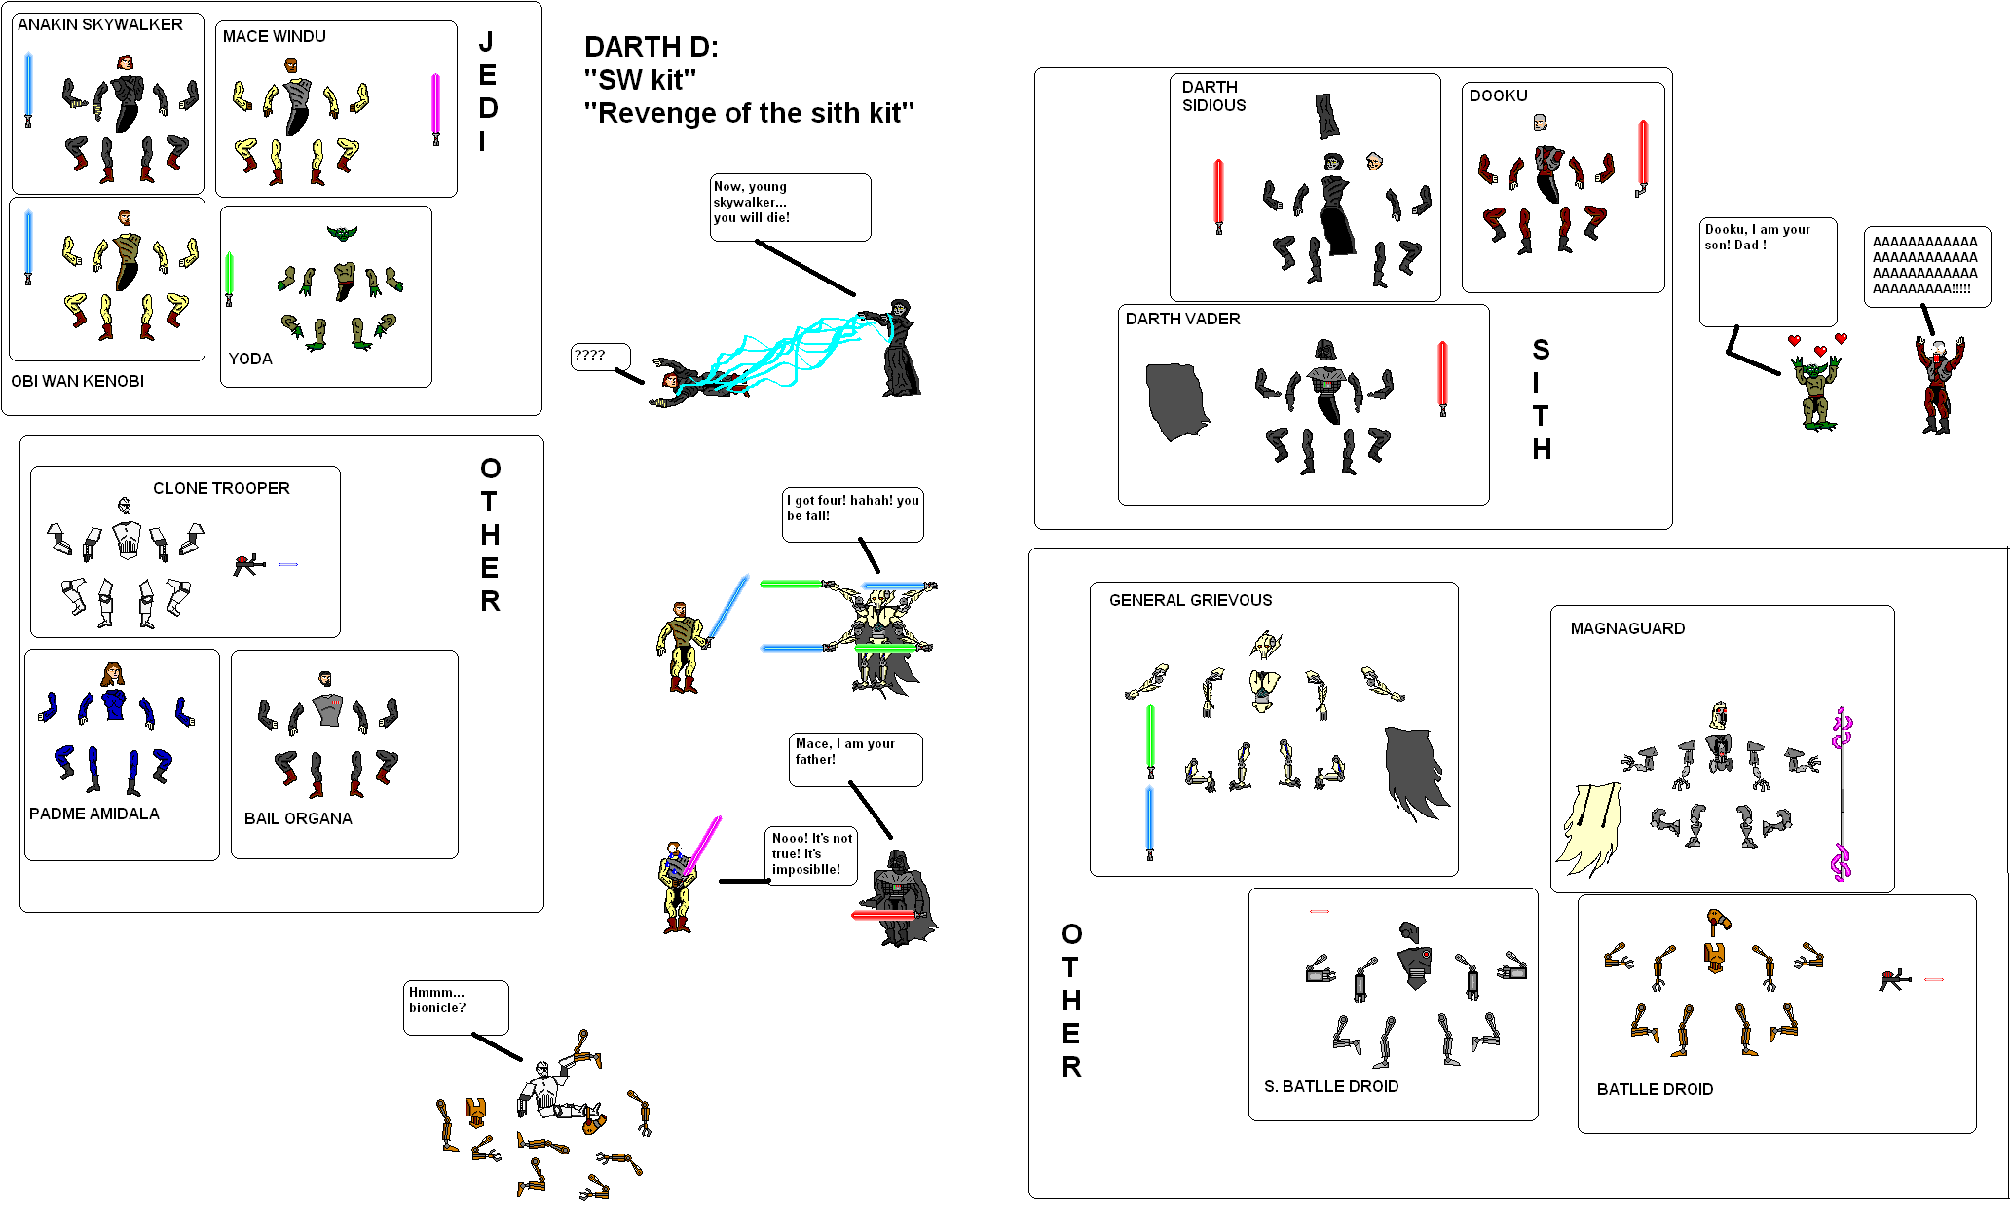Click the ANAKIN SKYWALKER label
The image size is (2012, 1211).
coord(99,24)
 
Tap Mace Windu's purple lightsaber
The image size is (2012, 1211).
coord(435,107)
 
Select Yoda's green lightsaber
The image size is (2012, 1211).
coord(229,277)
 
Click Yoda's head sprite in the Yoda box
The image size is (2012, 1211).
coord(342,233)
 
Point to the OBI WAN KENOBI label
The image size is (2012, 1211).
coord(77,381)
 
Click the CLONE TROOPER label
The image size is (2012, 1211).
coord(221,488)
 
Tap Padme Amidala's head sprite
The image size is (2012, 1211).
coord(113,673)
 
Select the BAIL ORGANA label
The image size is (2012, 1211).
coord(298,818)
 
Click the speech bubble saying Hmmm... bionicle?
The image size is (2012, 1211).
coord(455,1005)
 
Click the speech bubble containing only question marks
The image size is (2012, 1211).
coord(599,357)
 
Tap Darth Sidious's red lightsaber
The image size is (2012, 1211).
coord(1218,195)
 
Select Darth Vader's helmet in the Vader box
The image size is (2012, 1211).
coord(1325,350)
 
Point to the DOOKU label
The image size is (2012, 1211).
coord(1498,95)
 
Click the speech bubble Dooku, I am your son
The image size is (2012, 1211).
coord(1767,270)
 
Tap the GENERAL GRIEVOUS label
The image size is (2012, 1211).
coord(1190,600)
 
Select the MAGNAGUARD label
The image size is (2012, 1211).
coord(1627,628)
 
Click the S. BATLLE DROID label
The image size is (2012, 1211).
coord(1331,1086)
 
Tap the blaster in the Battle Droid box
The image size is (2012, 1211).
coord(1894,980)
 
